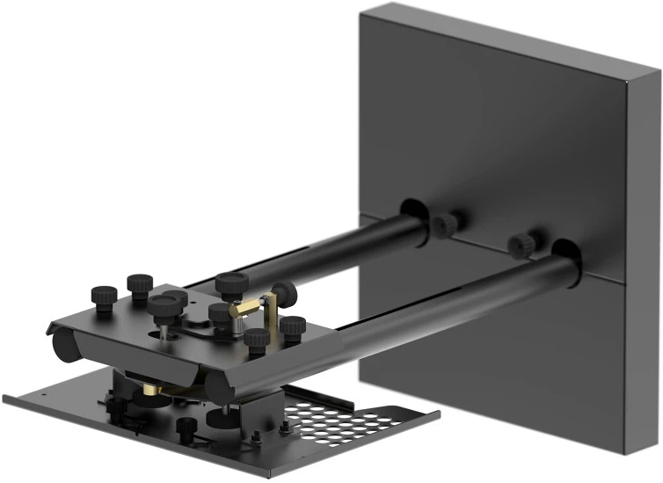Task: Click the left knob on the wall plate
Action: click(448, 223)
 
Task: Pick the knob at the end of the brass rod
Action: click(280, 291)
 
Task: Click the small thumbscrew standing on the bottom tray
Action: click(186, 429)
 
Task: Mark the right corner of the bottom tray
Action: click(437, 413)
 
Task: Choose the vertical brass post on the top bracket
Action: click(273, 317)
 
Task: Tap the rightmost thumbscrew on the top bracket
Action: click(292, 326)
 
